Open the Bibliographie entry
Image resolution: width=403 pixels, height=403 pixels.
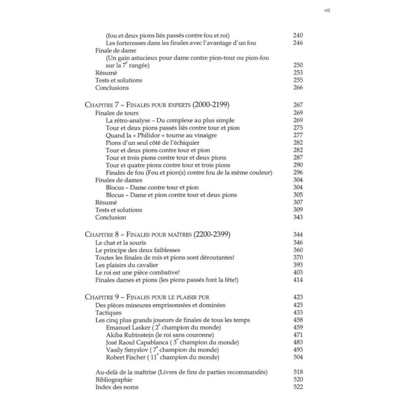click(114, 379)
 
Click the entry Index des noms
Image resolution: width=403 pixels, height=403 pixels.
click(117, 387)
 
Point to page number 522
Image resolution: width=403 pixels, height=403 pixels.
click(298, 387)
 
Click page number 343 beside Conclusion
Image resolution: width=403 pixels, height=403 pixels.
click(298, 217)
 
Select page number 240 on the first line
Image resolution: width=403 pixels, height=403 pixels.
click(298, 35)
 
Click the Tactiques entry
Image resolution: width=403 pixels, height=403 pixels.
click(108, 312)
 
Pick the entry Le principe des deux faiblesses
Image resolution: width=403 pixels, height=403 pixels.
click(138, 250)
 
